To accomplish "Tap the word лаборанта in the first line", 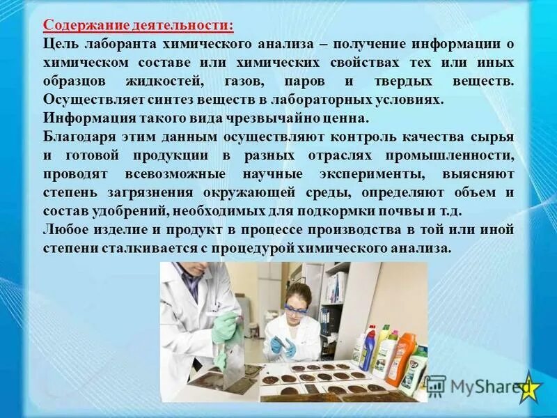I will click(119, 44).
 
